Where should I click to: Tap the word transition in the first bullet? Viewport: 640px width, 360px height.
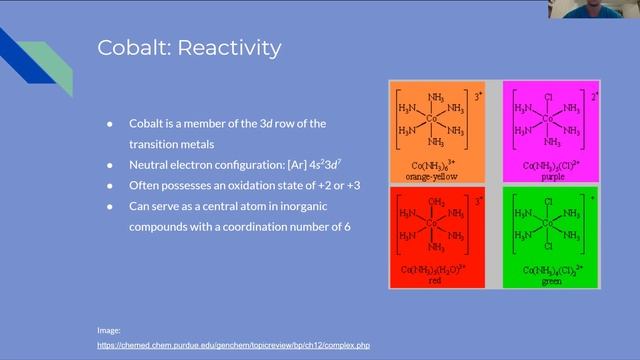click(x=157, y=142)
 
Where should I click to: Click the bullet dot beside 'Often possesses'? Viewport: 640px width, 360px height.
click(x=110, y=185)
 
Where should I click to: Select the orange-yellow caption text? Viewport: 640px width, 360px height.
click(x=436, y=174)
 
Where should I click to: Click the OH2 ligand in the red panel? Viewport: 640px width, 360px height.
click(x=436, y=201)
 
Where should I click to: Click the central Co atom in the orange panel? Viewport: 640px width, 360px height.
click(x=433, y=118)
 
